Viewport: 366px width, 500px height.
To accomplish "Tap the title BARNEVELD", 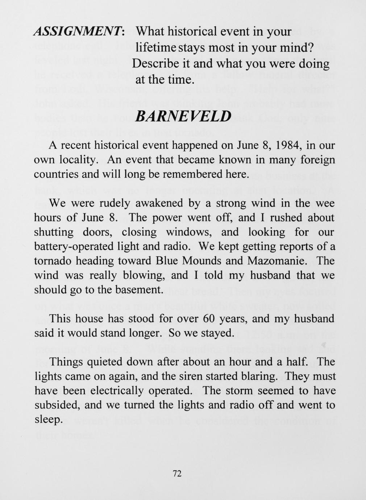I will click(183, 116).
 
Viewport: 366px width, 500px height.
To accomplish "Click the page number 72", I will click(177, 474).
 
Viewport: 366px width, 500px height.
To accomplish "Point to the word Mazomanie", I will click(278, 261).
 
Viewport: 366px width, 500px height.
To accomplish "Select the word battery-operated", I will click(74, 247).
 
